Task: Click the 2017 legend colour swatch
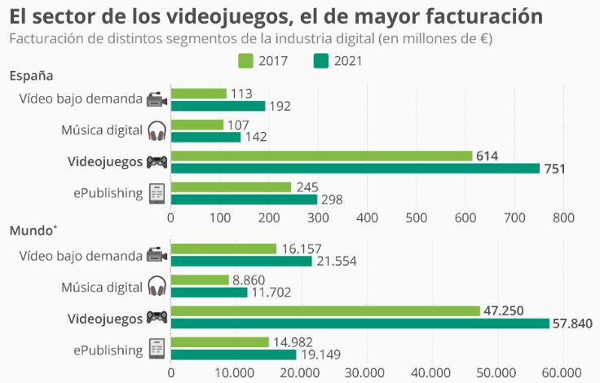click(246, 60)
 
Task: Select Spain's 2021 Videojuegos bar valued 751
click(355, 168)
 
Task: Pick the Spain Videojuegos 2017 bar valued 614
click(321, 156)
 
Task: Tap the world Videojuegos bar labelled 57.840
click(360, 324)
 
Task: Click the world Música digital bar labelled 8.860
click(200, 280)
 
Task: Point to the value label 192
click(280, 106)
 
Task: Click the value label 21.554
click(336, 261)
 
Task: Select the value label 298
click(332, 200)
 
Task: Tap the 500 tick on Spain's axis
click(417, 218)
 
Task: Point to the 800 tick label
click(563, 218)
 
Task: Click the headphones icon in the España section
click(157, 130)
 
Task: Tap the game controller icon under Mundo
click(157, 317)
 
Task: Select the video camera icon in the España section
click(157, 99)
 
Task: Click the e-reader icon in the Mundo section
click(157, 349)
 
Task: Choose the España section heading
click(32, 76)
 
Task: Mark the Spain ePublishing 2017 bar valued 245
click(231, 187)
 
